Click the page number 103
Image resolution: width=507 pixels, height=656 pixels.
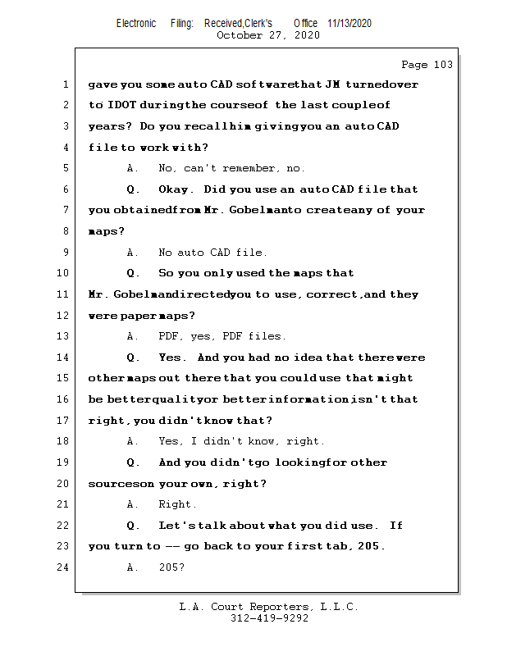[443, 65]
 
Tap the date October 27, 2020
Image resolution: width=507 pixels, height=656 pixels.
[268, 35]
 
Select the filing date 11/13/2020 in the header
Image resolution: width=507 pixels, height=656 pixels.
[349, 23]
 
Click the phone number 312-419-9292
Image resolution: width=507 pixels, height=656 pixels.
[269, 618]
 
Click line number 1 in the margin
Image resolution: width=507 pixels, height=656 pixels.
[66, 84]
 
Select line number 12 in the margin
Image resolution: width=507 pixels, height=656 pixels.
[62, 315]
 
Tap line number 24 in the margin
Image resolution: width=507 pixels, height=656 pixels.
[62, 567]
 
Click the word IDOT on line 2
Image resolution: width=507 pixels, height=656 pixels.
[122, 105]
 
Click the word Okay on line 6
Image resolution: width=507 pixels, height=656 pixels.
[176, 189]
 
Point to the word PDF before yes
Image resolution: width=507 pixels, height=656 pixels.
[169, 336]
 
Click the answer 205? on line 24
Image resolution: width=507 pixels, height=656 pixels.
[171, 567]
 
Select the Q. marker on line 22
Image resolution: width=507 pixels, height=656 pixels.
[133, 526]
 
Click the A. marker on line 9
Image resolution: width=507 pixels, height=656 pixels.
[132, 253]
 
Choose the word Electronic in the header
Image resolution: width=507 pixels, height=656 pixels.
[136, 23]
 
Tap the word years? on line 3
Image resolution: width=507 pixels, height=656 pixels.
[110, 126]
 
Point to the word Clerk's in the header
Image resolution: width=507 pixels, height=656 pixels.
[258, 23]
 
